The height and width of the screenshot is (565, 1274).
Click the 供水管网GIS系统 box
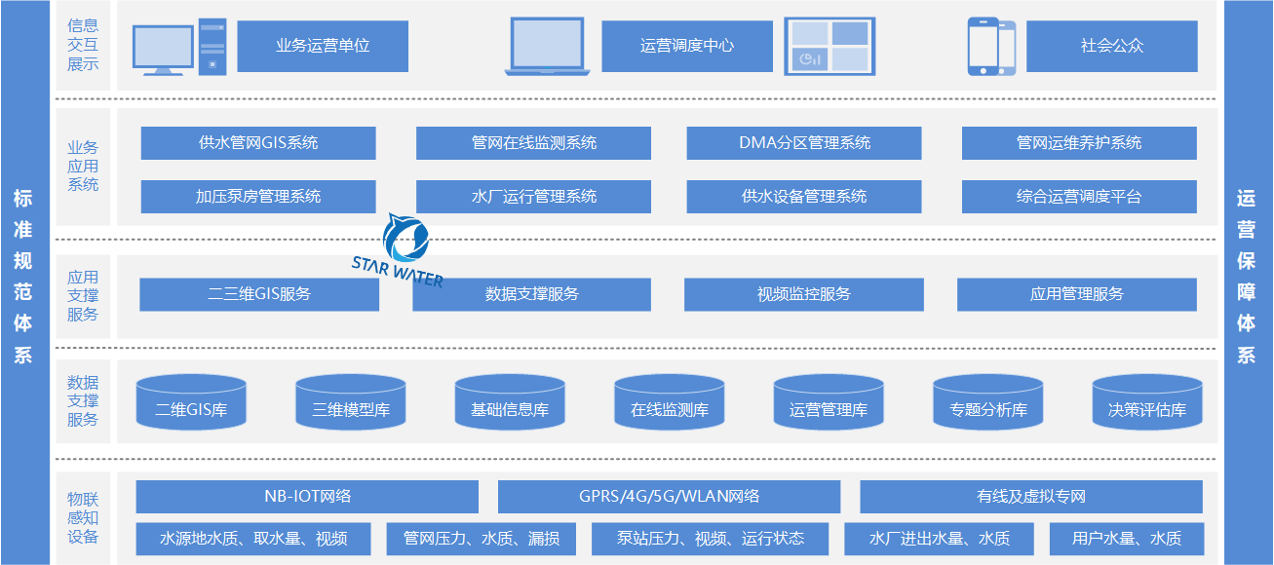[x=258, y=143]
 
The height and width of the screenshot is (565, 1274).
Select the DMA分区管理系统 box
[x=804, y=143]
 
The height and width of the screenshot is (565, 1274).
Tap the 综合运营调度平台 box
[x=1079, y=197]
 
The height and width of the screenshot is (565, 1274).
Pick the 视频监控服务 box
[x=804, y=294]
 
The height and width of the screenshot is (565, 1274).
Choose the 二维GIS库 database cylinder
[x=191, y=402]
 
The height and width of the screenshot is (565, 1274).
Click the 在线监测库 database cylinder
[x=670, y=402]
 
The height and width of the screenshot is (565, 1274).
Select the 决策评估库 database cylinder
[x=1147, y=402]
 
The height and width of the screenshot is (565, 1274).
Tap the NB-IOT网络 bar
[x=307, y=497]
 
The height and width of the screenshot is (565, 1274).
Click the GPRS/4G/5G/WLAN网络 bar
[x=669, y=497]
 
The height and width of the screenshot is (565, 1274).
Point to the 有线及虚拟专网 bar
[x=1031, y=497]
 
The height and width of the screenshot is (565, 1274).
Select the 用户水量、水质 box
[x=1127, y=539]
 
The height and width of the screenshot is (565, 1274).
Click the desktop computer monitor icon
[x=165, y=49]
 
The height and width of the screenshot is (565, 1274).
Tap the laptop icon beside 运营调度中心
[x=547, y=47]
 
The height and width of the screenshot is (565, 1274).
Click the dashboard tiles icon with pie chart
[x=828, y=47]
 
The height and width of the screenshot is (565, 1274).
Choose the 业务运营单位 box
[x=323, y=46]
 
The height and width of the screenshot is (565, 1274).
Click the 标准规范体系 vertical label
[x=23, y=282]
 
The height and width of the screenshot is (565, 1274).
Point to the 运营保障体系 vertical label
[x=1247, y=282]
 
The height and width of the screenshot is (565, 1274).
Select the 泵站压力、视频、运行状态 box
[x=711, y=539]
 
